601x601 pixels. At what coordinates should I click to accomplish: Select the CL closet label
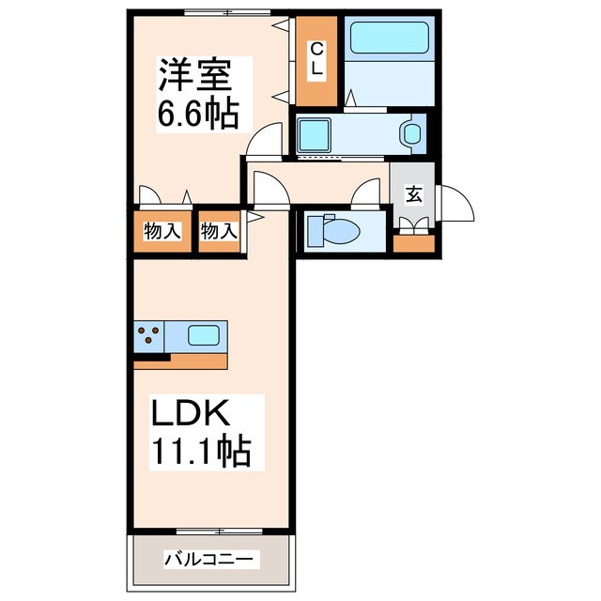click(x=316, y=59)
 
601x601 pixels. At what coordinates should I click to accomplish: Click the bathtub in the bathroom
click(x=389, y=38)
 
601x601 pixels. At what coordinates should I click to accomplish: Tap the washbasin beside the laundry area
click(x=411, y=133)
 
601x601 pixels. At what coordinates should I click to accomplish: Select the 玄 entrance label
click(x=413, y=194)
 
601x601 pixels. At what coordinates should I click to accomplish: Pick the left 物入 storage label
click(x=162, y=231)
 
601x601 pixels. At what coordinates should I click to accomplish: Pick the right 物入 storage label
click(x=218, y=231)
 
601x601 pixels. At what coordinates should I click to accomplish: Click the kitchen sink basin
click(x=205, y=334)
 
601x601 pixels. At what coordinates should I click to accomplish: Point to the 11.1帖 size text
click(x=200, y=454)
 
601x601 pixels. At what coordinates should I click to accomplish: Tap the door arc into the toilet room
click(x=364, y=194)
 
